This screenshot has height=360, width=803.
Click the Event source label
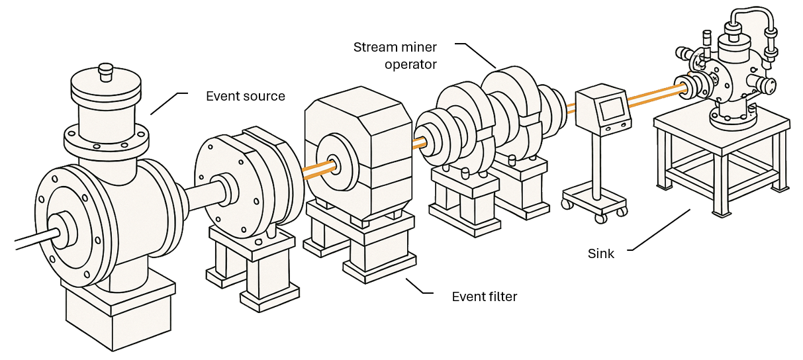(245, 97)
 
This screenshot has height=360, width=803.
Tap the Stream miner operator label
(395, 56)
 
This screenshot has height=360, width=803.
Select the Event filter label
(484, 296)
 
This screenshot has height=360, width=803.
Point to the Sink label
(601, 253)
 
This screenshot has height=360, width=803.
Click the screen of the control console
(612, 108)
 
